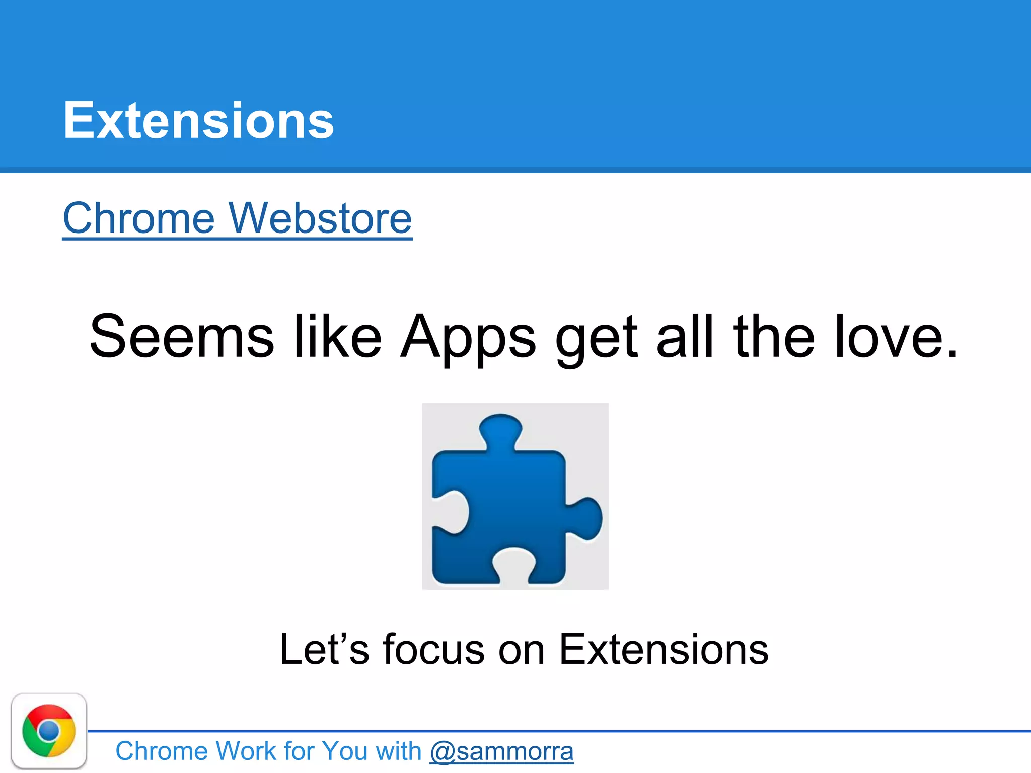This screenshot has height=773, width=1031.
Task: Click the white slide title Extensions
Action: pyautogui.click(x=198, y=120)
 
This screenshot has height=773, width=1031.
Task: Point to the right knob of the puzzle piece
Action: pyautogui.click(x=586, y=518)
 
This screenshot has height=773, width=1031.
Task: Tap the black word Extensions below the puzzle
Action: pyautogui.click(x=664, y=649)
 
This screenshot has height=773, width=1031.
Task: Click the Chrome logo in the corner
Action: pyautogui.click(x=49, y=731)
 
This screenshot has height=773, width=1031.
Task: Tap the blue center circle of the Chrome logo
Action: pyautogui.click(x=49, y=730)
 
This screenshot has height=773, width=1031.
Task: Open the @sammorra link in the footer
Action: pyautogui.click(x=501, y=751)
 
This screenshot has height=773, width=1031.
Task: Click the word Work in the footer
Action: pyautogui.click(x=246, y=751)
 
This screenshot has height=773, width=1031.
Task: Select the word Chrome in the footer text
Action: pyautogui.click(x=162, y=751)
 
